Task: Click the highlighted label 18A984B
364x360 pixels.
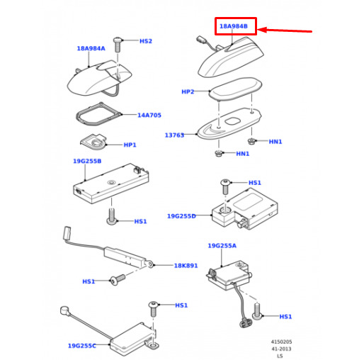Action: click(x=234, y=26)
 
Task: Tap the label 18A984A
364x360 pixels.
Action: click(x=91, y=48)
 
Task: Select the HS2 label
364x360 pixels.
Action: click(x=146, y=41)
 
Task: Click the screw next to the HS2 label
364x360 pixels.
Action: click(x=118, y=45)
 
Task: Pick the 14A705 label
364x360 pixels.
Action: click(x=149, y=116)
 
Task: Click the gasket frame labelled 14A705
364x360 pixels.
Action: click(x=98, y=114)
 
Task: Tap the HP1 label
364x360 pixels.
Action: click(x=130, y=145)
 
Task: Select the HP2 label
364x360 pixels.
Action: click(x=188, y=91)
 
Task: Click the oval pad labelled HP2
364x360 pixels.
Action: click(x=235, y=89)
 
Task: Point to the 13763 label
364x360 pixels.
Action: click(x=174, y=135)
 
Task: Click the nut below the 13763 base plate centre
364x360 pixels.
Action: click(x=218, y=154)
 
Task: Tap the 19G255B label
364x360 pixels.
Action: click(x=87, y=161)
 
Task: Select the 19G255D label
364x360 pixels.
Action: click(x=181, y=216)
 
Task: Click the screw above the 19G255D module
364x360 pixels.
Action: click(x=225, y=186)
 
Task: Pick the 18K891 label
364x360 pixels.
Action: click(x=186, y=266)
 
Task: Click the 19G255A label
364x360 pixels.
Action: click(x=222, y=246)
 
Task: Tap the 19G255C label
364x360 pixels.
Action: click(x=82, y=346)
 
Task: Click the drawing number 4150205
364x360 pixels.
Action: click(x=281, y=342)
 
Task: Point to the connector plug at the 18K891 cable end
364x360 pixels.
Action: click(x=67, y=232)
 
